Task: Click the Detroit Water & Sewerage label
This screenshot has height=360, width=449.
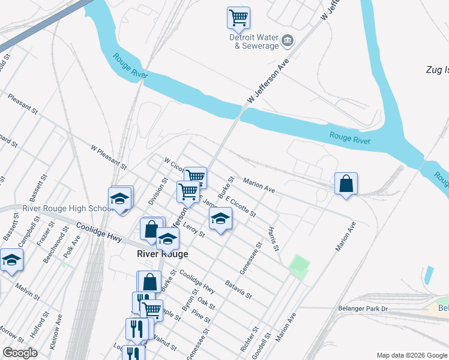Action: (x=255, y=41)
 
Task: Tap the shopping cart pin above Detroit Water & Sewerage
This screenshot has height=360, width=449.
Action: (x=238, y=18)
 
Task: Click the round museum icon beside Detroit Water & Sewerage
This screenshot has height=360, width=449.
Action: (x=288, y=40)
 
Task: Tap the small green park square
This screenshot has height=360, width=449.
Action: (x=299, y=265)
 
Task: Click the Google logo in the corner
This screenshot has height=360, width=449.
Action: (x=20, y=353)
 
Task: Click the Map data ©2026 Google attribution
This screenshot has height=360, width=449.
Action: (x=411, y=355)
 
